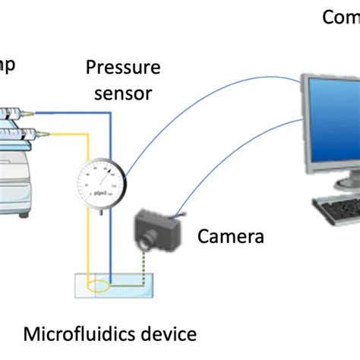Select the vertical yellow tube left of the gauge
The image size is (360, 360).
pyautogui.click(x=88, y=243)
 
